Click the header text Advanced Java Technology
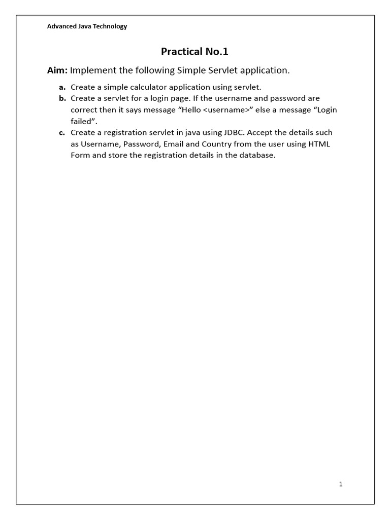pyautogui.click(x=87, y=26)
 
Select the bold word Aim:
pyautogui.click(x=57, y=70)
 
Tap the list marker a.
pyautogui.click(x=62, y=87)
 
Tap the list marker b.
pyautogui.click(x=62, y=98)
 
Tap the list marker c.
pyautogui.click(x=62, y=133)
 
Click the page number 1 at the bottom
pyautogui.click(x=341, y=484)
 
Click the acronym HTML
pyautogui.click(x=319, y=144)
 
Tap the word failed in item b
pyautogui.click(x=81, y=121)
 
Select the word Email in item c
pyautogui.click(x=174, y=144)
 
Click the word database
pyautogui.click(x=257, y=155)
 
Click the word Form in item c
pyautogui.click(x=80, y=155)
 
